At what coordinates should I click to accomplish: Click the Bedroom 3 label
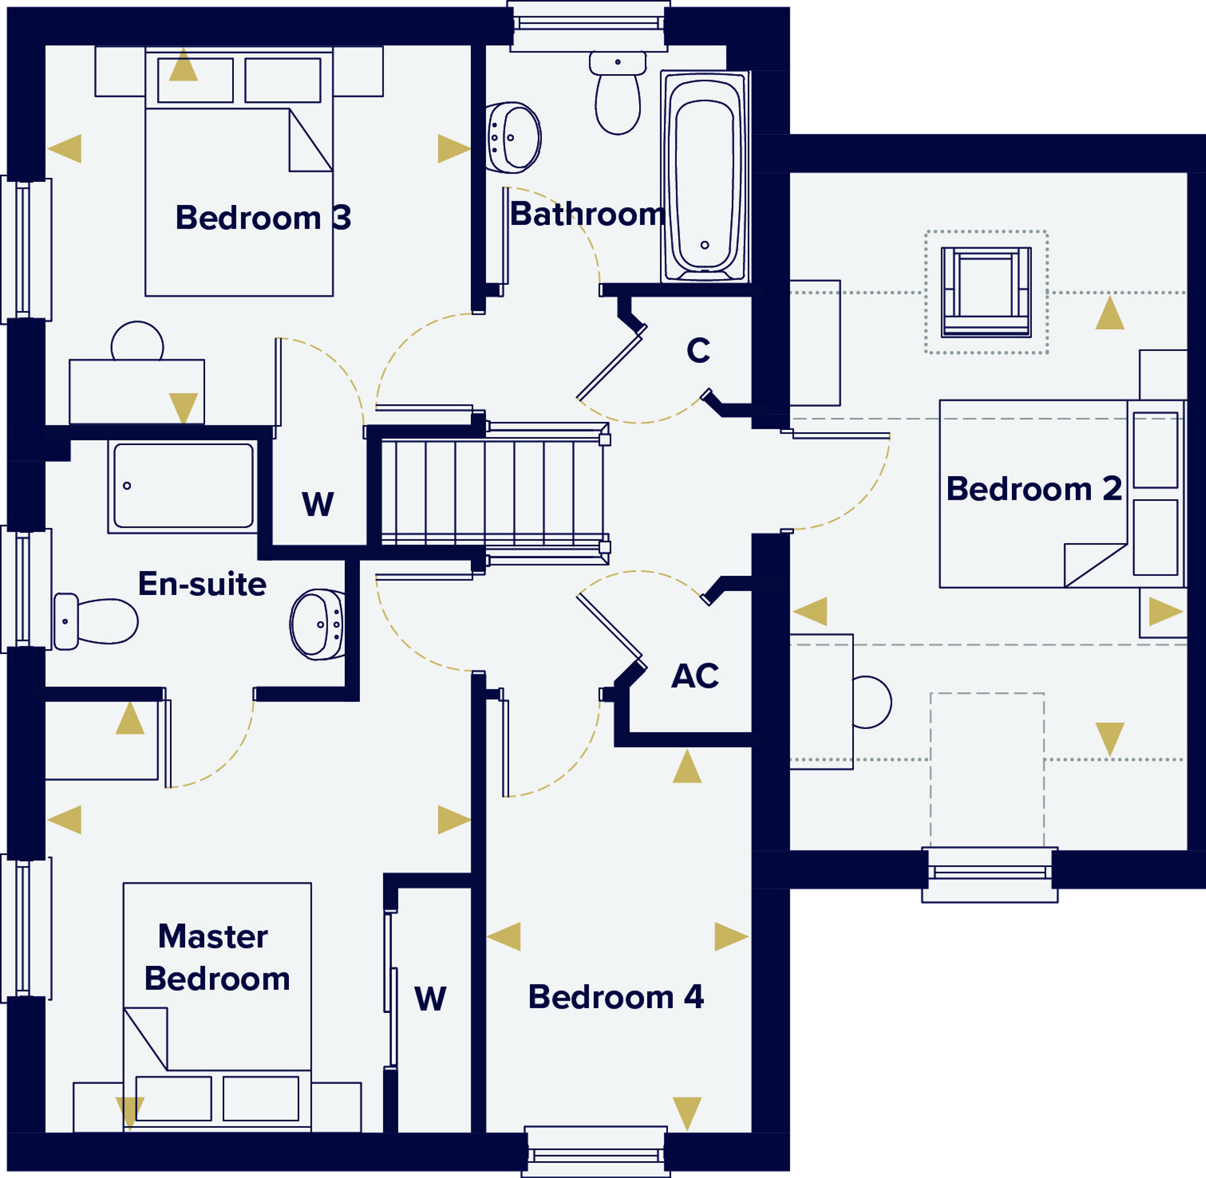(x=264, y=218)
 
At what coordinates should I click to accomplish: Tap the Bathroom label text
(x=587, y=214)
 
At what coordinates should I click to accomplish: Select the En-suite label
(x=203, y=584)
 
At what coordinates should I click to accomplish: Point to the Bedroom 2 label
(x=1034, y=489)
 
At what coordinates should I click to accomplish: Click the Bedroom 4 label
(x=616, y=997)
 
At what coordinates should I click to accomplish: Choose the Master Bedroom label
(x=216, y=957)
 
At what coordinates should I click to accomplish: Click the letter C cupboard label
(x=698, y=350)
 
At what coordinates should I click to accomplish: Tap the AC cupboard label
(x=695, y=676)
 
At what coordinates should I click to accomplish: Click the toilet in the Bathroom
(x=617, y=92)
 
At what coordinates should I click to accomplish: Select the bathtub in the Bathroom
(x=705, y=176)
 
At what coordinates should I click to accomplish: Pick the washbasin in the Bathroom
(x=513, y=138)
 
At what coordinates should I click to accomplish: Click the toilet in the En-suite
(x=96, y=621)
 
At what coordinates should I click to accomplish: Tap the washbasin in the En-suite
(x=317, y=624)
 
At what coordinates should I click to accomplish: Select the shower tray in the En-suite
(x=183, y=487)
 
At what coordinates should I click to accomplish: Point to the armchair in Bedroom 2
(x=986, y=292)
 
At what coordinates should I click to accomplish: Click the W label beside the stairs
(x=318, y=504)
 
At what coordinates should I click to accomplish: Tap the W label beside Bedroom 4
(x=431, y=998)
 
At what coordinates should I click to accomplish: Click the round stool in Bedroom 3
(x=137, y=341)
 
